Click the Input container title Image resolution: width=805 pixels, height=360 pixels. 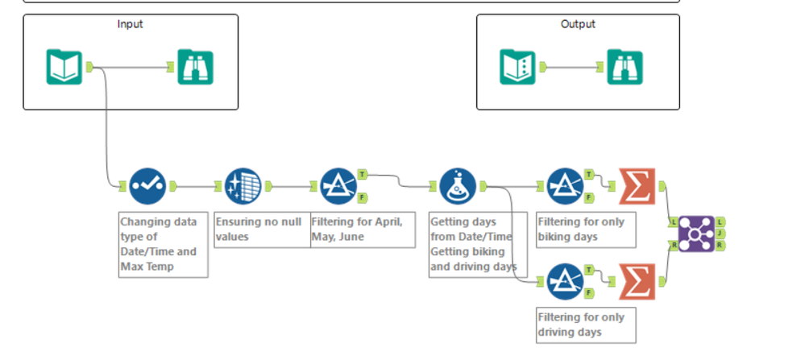[x=130, y=24]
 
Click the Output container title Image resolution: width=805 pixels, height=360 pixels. [x=578, y=24]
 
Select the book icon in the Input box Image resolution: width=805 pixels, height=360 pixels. [x=64, y=67]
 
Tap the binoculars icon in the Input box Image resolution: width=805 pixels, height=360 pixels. [x=195, y=67]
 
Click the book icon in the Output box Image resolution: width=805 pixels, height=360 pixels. [x=518, y=67]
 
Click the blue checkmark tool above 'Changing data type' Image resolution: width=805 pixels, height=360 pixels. [x=147, y=186]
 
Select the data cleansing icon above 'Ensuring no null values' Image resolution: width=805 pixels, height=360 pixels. [x=243, y=186]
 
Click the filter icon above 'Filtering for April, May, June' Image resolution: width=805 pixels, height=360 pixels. [x=338, y=186]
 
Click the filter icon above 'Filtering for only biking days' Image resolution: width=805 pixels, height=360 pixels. [x=565, y=186]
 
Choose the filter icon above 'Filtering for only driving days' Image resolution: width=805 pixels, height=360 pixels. [x=565, y=281]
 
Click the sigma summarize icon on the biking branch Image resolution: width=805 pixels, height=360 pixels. [x=638, y=186]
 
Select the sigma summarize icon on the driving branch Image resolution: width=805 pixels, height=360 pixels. [x=638, y=281]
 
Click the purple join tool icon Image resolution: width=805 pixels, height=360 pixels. [x=695, y=234]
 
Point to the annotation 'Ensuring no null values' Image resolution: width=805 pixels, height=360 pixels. [x=262, y=229]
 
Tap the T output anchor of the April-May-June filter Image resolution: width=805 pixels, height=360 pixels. [x=363, y=174]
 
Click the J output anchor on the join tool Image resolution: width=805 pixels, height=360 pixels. [x=719, y=234]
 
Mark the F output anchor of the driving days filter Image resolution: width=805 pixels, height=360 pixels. [x=589, y=292]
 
